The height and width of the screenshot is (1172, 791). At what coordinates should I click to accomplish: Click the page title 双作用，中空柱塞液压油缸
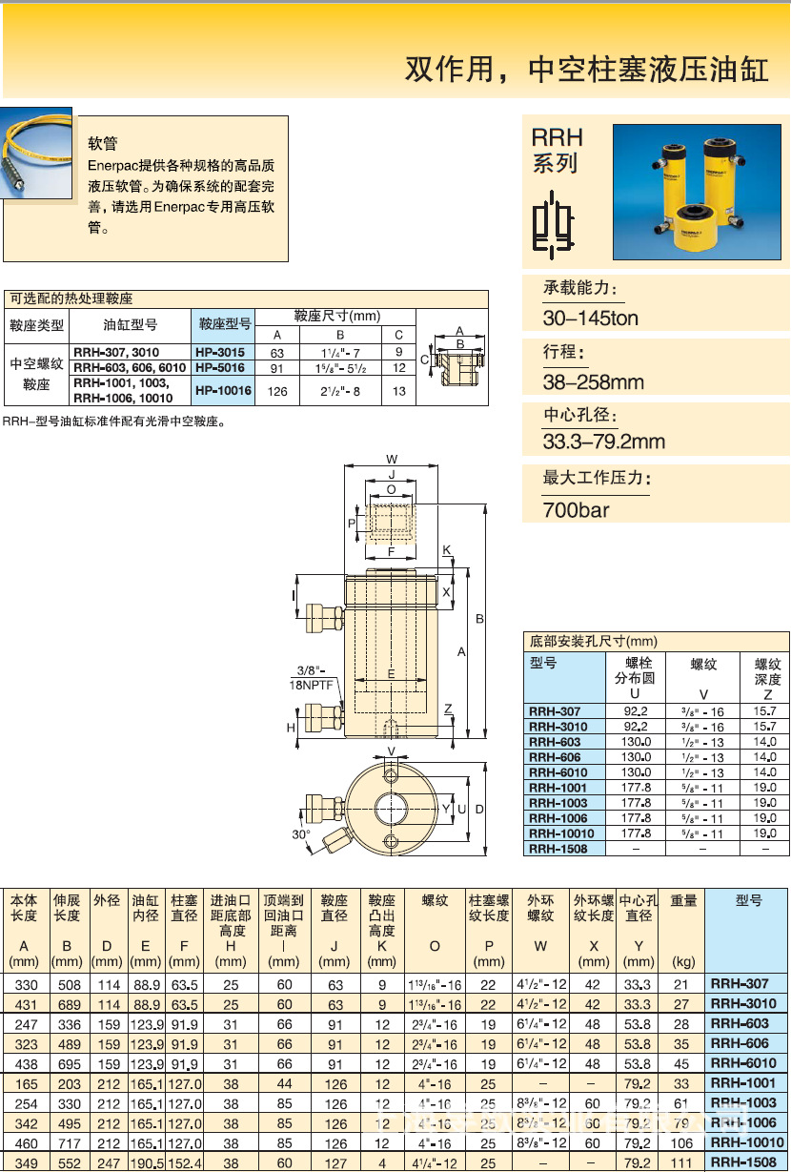coord(587,70)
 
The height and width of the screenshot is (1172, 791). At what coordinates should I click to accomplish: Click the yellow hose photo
coord(36,157)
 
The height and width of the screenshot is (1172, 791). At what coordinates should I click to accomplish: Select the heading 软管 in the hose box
coord(102,144)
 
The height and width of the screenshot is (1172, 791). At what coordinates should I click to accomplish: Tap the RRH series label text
coord(557,150)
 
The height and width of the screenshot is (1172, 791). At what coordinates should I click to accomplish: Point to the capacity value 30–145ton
coord(590,319)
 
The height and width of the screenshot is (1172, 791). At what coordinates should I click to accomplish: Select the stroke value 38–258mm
coord(593,382)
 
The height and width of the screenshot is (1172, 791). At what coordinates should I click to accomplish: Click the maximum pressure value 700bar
coord(576,510)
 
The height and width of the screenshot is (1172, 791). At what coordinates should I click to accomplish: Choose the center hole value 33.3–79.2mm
coord(603,442)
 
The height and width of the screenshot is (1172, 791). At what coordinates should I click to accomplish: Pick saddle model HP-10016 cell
coord(223,390)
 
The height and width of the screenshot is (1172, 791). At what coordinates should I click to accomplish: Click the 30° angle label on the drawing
coord(301,834)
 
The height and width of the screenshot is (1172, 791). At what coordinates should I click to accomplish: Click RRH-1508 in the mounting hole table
coord(558,849)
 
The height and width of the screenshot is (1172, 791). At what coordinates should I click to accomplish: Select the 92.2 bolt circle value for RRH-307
coord(635,711)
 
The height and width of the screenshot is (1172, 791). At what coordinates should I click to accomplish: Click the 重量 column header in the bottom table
coord(683,900)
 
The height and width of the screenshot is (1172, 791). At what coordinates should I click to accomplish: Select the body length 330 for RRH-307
coord(23,984)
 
